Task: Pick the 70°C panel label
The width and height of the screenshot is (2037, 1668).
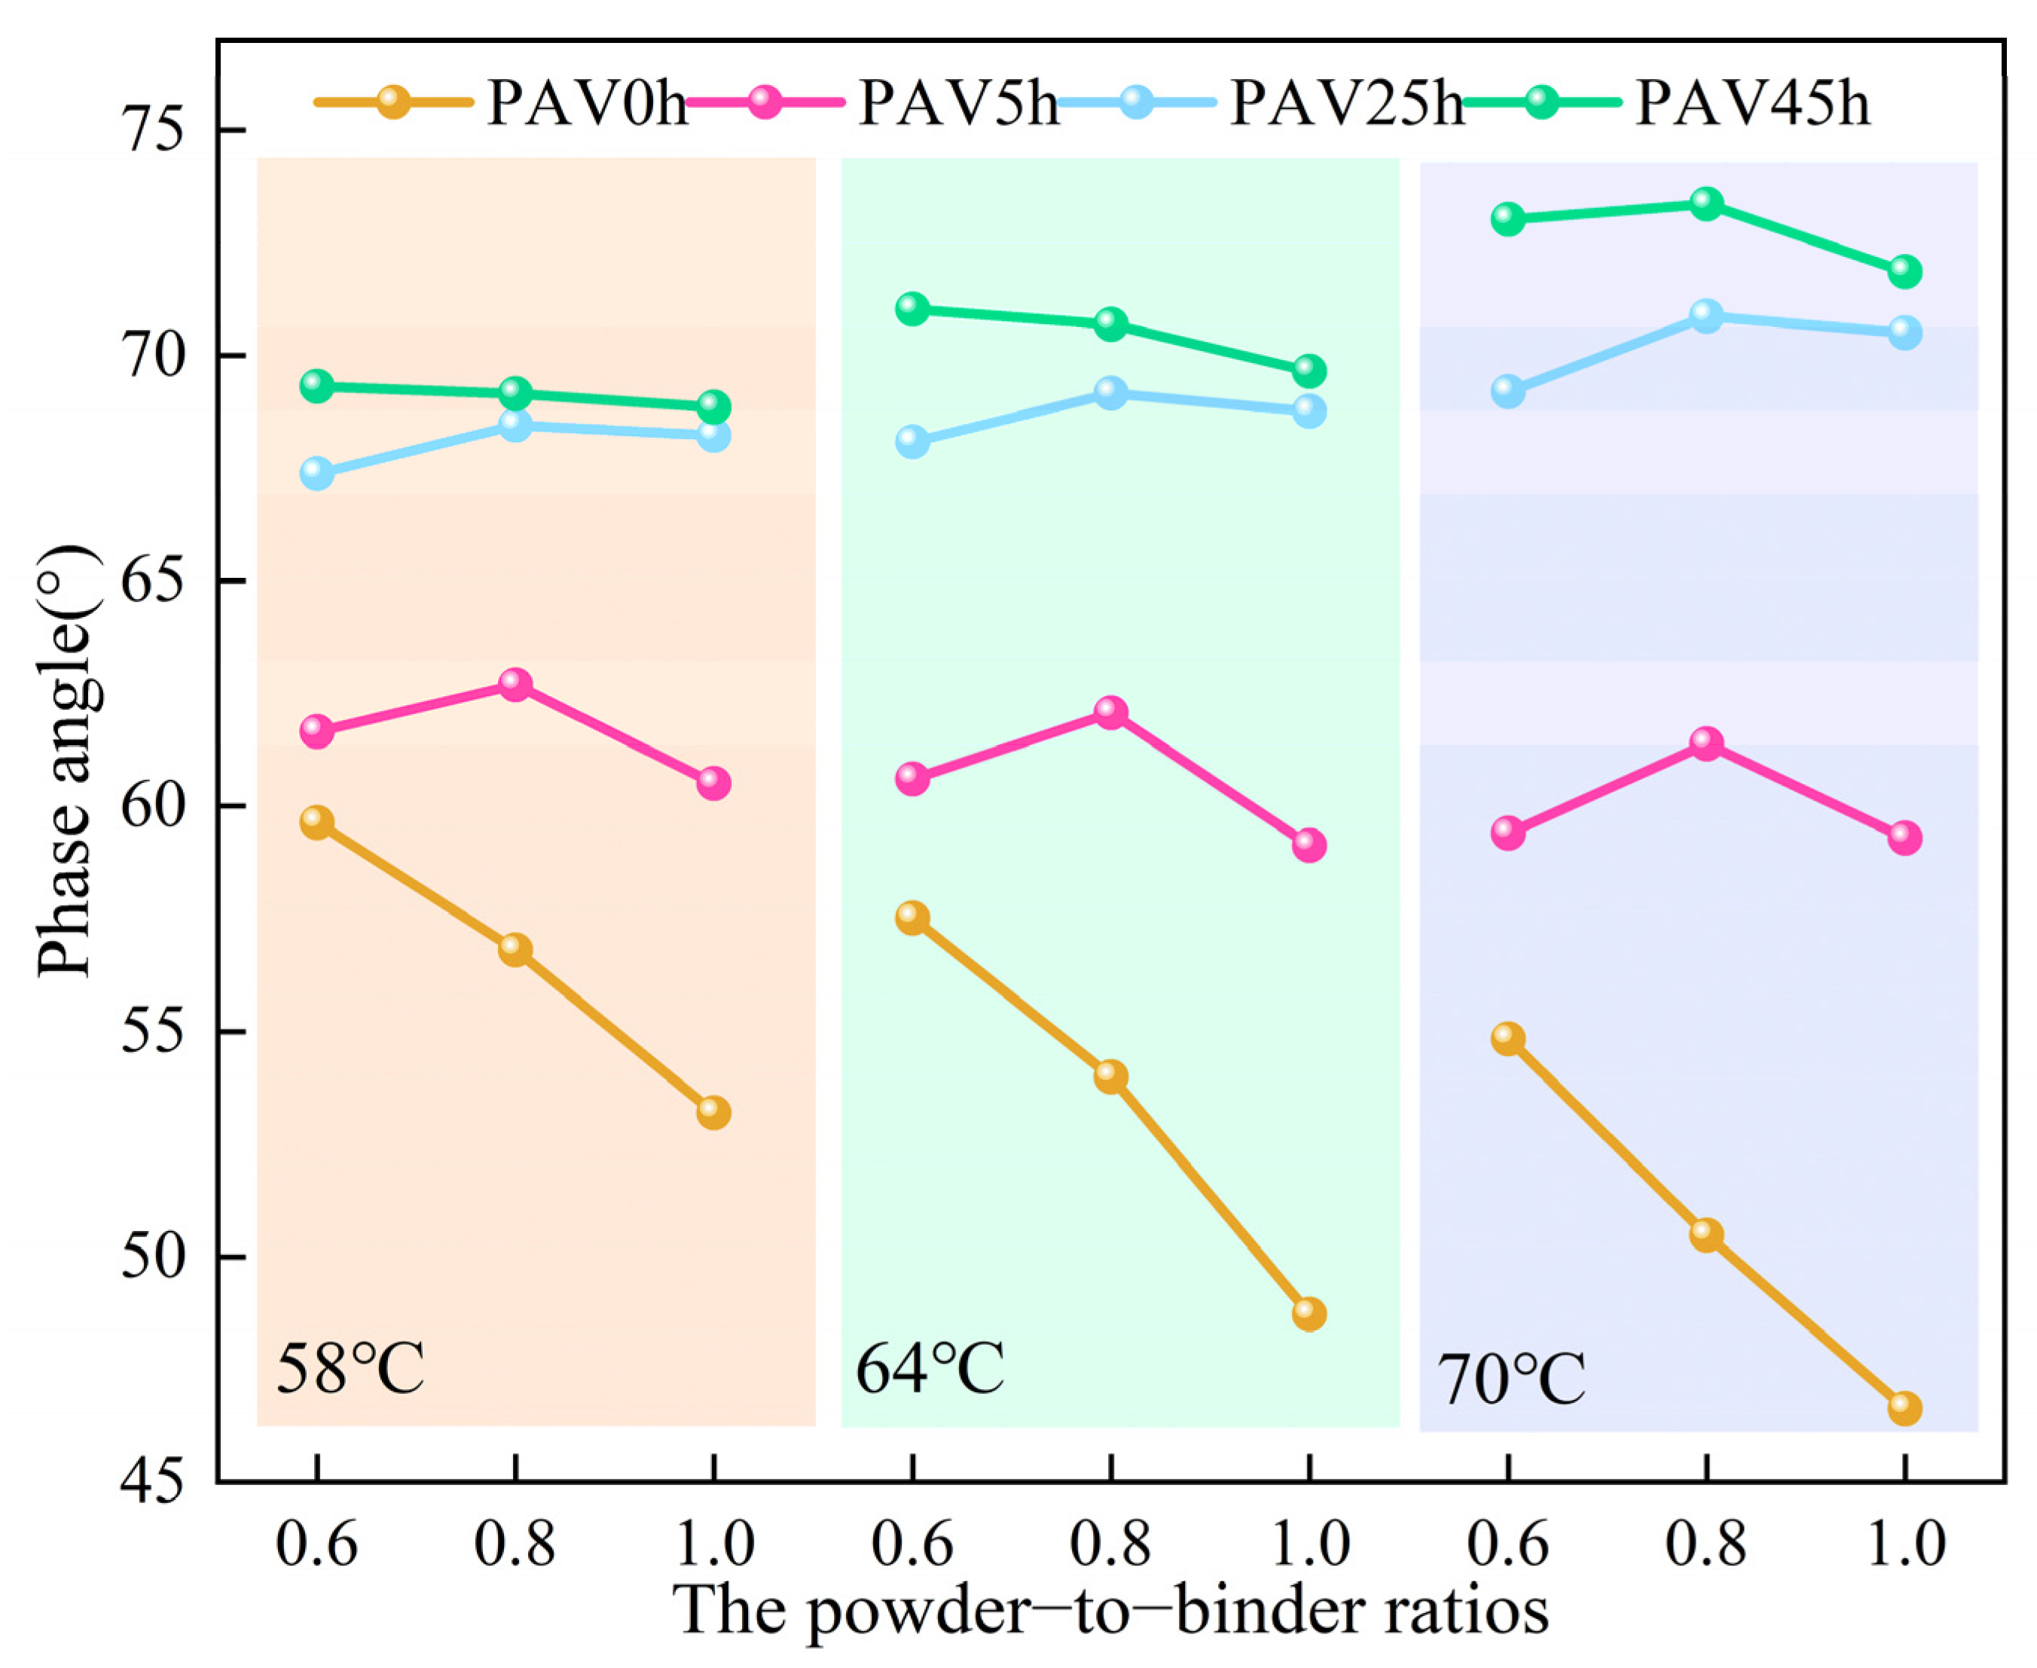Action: tap(1510, 1379)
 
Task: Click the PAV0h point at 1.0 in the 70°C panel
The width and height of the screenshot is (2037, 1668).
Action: tap(1904, 1409)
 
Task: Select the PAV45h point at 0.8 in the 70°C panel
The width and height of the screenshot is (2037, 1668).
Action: tap(1706, 203)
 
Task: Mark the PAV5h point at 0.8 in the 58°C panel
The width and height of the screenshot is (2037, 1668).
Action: tap(515, 684)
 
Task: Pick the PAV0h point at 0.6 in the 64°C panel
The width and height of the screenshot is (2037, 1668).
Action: tap(912, 918)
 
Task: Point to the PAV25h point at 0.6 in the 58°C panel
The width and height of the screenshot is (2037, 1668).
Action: tap(316, 472)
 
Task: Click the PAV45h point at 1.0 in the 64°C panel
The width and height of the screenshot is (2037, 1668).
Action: tap(1309, 370)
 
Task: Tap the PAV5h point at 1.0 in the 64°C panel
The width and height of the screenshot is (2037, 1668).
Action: tap(1309, 845)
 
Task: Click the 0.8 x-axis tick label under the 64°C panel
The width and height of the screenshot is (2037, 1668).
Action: tap(1110, 1544)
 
